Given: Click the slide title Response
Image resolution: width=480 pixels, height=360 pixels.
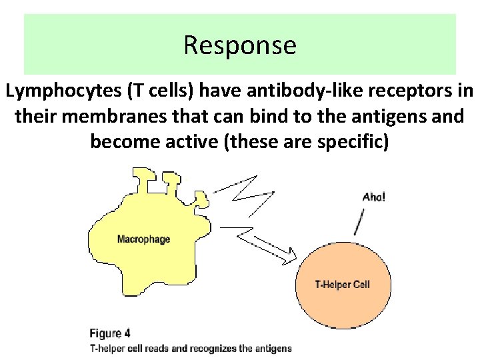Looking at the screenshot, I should (239, 45).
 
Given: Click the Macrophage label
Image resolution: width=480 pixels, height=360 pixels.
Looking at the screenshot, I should (143, 239).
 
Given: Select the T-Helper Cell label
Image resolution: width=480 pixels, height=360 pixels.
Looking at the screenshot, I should (342, 285).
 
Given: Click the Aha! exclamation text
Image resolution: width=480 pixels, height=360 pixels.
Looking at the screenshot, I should (373, 197).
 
